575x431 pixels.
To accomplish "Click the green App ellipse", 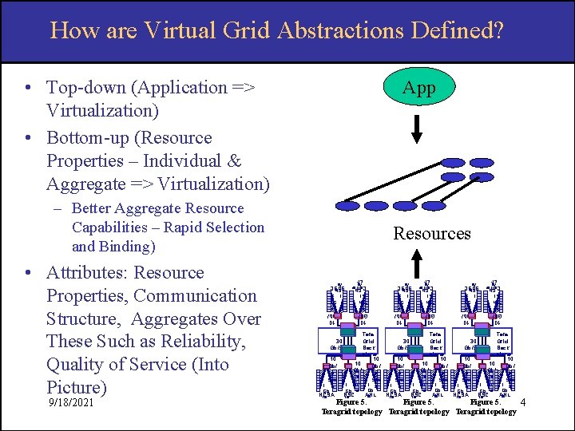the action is pyautogui.click(x=419, y=88).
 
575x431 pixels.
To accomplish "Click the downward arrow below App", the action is pyautogui.click(x=419, y=129).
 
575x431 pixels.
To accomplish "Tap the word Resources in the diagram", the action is pyautogui.click(x=431, y=234).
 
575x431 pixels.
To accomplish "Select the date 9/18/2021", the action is pyautogui.click(x=70, y=403).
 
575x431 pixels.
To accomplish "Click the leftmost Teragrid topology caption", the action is pyautogui.click(x=352, y=412).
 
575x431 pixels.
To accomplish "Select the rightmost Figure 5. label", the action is pyautogui.click(x=486, y=402).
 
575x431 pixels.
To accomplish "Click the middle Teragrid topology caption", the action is pyautogui.click(x=419, y=412).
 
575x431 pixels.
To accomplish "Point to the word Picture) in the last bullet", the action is pyautogui.click(x=76, y=388).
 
